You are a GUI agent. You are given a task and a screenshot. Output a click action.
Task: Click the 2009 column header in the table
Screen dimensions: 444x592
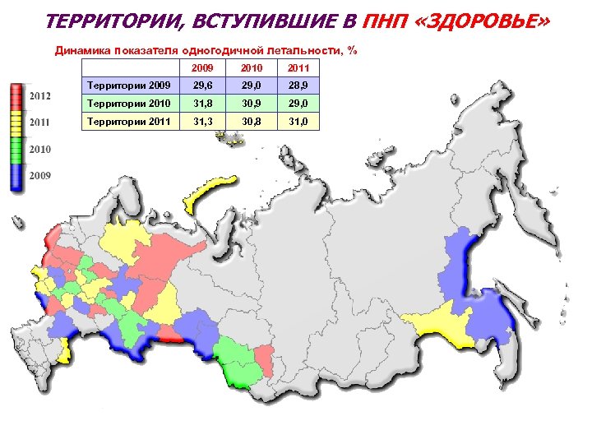pyautogui.click(x=201, y=67)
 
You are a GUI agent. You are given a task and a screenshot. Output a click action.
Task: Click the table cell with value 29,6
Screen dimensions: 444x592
pyautogui.click(x=201, y=86)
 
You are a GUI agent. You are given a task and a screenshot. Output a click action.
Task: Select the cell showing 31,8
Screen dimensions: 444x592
pyautogui.click(x=201, y=104)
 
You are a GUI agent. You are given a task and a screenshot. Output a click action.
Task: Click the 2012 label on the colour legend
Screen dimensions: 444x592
pyautogui.click(x=40, y=96)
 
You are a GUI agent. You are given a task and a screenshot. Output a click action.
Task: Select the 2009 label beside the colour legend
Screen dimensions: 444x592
pyautogui.click(x=40, y=175)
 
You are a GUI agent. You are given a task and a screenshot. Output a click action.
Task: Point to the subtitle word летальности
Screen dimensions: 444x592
pyautogui.click(x=311, y=50)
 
